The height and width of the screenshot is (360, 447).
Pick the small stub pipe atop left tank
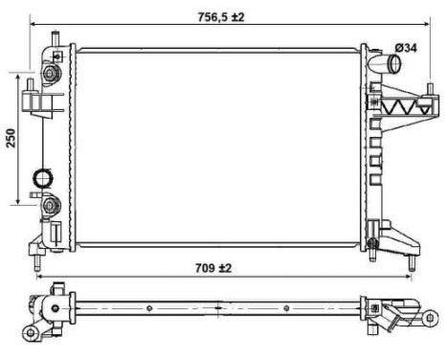pos(56,37)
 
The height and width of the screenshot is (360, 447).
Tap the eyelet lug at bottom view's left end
pos(31,332)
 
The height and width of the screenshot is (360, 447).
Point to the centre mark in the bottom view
pos(219,309)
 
